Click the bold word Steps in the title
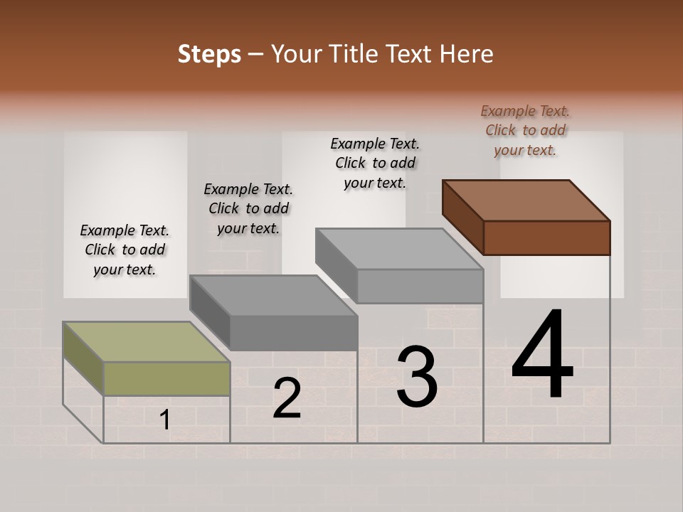point(209,54)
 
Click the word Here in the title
point(466,54)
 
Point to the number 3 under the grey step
point(417,377)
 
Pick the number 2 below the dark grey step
point(287,398)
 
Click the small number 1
point(165,420)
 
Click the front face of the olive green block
point(167,378)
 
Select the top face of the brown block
point(526,201)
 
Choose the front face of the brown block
point(546,238)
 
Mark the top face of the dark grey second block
point(273,295)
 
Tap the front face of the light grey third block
point(420,286)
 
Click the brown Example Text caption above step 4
point(525,130)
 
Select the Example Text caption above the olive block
point(125,250)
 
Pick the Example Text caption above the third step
point(375,163)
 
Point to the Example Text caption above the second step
point(248,208)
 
